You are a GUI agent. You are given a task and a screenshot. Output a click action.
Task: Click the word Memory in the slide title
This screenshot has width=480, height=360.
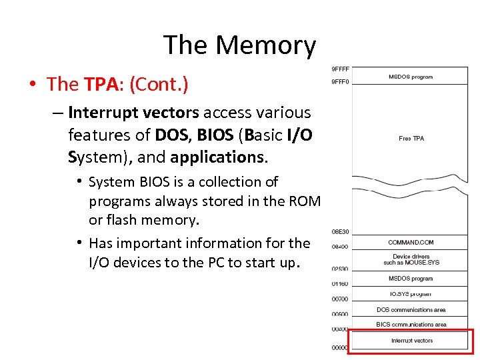coord(265,45)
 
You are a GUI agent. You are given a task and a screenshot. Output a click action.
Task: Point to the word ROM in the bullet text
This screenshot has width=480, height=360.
coord(305,201)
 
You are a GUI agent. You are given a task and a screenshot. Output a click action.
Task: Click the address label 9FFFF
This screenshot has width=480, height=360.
coord(340,69)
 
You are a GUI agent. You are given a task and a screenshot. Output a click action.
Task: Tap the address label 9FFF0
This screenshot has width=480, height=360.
coord(340,83)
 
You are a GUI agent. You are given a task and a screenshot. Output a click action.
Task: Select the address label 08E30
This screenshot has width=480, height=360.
coord(340,232)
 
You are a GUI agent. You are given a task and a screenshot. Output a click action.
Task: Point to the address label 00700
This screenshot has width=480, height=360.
coord(340,300)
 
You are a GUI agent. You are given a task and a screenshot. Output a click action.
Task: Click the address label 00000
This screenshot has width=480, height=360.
coord(340,347)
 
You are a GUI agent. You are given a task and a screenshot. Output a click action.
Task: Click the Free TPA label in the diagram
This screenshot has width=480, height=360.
coord(411,139)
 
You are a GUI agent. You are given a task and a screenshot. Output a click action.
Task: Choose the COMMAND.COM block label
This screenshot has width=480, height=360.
coord(411,242)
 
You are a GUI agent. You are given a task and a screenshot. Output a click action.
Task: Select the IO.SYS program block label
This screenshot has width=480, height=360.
coord(411,294)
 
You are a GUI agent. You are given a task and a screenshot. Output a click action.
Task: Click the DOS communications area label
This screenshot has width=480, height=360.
coord(411,310)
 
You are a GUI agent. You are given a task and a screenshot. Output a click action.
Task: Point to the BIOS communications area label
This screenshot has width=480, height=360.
coord(411,325)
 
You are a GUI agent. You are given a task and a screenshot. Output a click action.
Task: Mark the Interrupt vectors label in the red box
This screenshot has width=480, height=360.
coord(411,341)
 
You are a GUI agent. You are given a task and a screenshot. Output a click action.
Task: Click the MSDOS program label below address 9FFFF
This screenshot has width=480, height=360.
coord(411,77)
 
